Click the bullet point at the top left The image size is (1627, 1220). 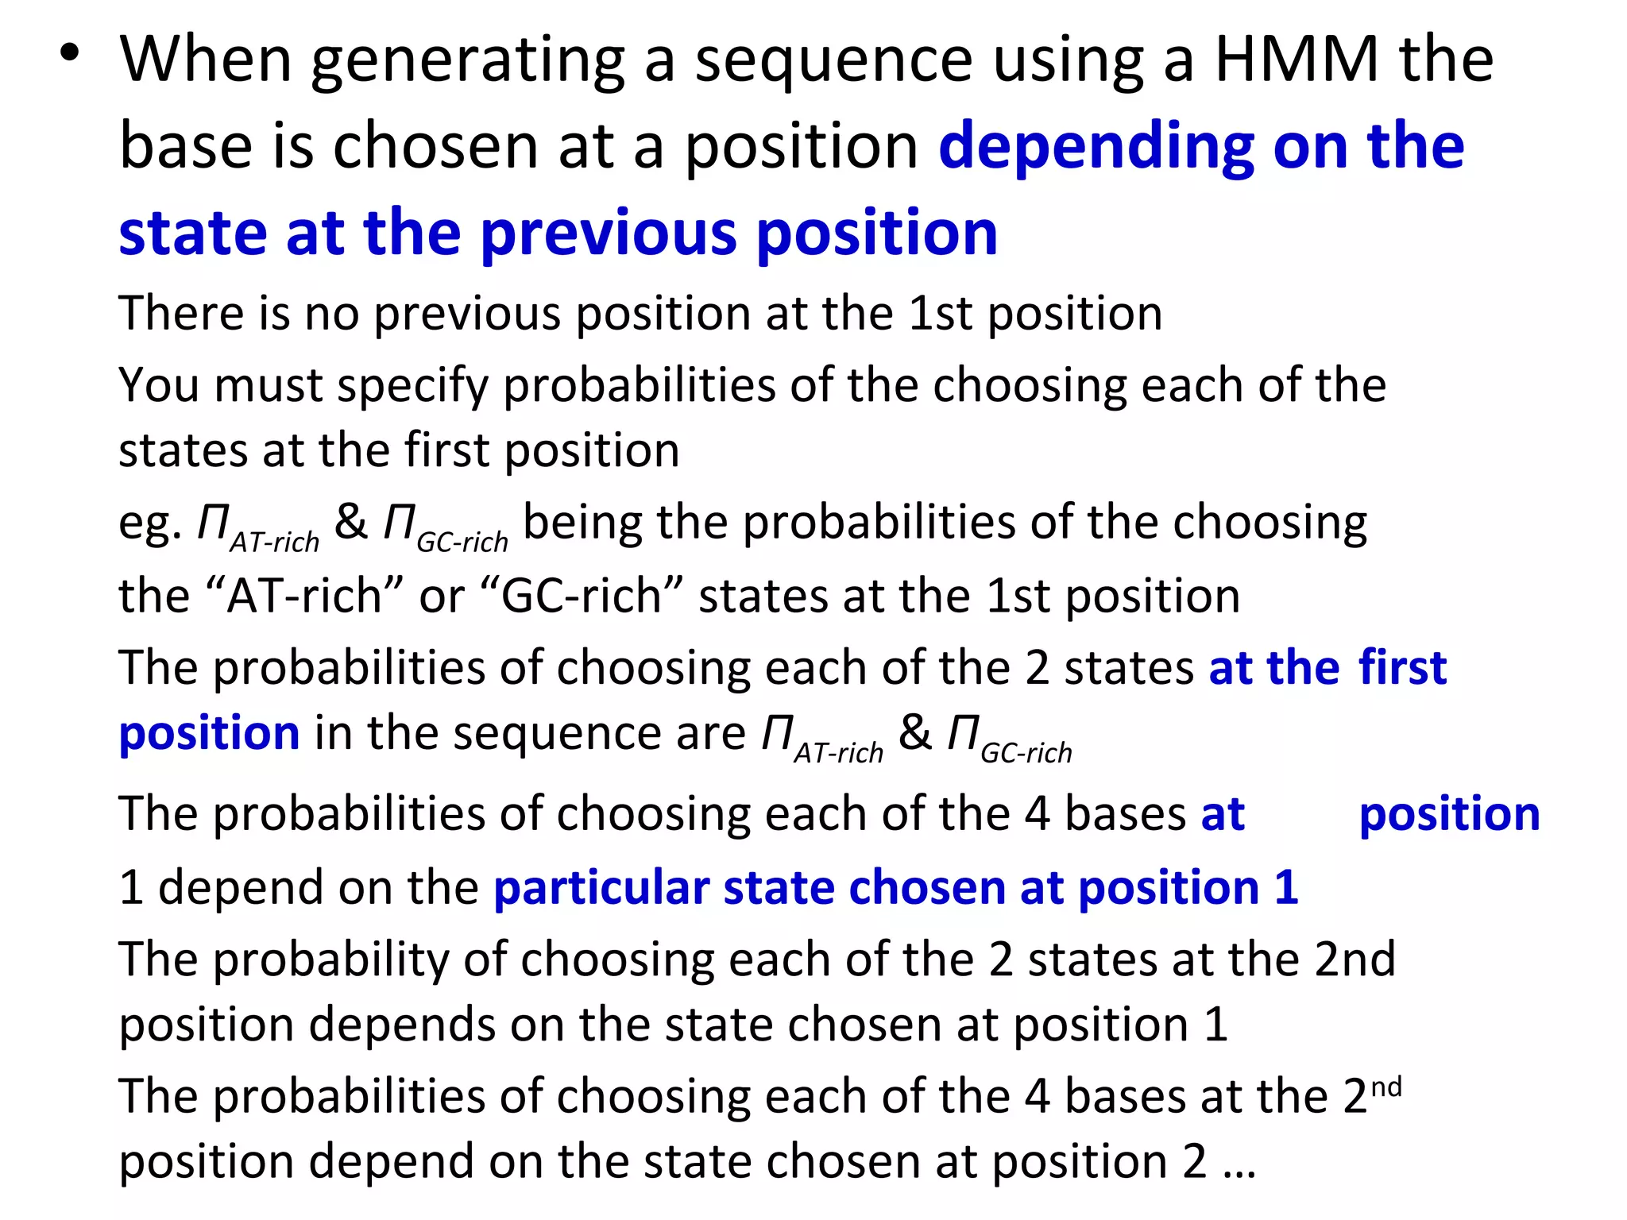click(x=70, y=53)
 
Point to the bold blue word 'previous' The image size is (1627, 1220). click(x=609, y=234)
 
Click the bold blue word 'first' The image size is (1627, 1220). click(x=1402, y=667)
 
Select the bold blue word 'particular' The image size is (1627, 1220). click(x=601, y=887)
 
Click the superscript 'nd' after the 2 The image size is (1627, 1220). click(x=1386, y=1087)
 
